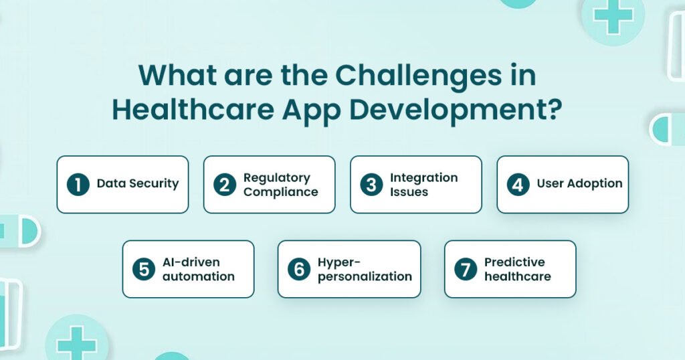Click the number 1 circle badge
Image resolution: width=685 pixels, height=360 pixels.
point(78,185)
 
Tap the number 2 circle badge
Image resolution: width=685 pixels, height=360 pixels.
point(225,185)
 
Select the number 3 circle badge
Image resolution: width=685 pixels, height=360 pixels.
point(372,185)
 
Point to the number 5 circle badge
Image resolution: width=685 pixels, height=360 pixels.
point(144,269)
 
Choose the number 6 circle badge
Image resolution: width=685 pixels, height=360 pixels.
point(299,269)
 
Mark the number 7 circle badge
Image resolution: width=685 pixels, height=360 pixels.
point(466,269)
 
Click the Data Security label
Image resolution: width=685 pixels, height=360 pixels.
point(138,184)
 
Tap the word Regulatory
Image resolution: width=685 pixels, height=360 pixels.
point(276,177)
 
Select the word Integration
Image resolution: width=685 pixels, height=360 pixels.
point(423,177)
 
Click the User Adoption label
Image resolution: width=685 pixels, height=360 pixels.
point(579,184)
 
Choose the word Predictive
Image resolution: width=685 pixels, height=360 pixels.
point(514,262)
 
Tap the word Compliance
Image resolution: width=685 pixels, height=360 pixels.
point(280,192)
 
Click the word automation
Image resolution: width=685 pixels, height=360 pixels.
point(199,276)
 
